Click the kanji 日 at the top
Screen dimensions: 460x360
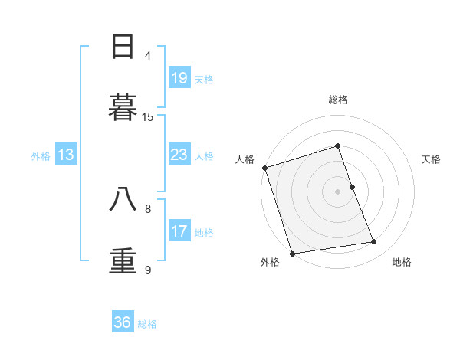[x=123, y=47]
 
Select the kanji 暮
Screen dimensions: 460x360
[x=123, y=107]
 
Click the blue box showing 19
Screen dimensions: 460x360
[x=179, y=78]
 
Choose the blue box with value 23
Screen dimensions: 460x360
[x=179, y=155]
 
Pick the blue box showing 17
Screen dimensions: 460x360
[x=179, y=231]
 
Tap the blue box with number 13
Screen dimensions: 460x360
[x=66, y=155]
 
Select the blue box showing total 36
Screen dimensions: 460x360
[x=123, y=322]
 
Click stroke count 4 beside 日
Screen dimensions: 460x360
[x=148, y=55]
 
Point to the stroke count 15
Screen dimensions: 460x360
[x=148, y=116]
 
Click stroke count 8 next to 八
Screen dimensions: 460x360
[x=148, y=208]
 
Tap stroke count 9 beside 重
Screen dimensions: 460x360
[x=148, y=270]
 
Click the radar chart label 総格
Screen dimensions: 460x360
[x=338, y=100]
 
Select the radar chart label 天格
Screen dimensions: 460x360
[x=432, y=159]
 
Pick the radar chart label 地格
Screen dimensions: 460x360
[x=402, y=262]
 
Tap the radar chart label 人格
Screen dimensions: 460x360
[x=245, y=159]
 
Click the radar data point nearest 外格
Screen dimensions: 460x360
[x=292, y=253]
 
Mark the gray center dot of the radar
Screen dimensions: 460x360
[x=338, y=191]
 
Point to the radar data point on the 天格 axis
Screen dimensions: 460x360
[x=352, y=186]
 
